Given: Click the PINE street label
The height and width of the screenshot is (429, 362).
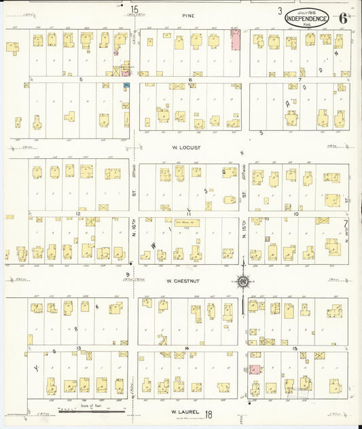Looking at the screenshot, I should coord(188,14).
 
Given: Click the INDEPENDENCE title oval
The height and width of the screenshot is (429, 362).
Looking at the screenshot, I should coord(306,18).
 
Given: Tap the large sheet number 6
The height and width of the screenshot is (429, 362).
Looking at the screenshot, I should coord(344,18).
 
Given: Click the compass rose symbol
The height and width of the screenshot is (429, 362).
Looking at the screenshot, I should coord(242,279).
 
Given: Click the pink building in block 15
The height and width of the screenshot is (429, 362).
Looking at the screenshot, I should coord(255,369).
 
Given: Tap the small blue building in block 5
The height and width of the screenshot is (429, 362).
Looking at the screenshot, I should coord(126,84).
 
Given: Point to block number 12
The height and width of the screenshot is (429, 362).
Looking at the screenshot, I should coord(79,214).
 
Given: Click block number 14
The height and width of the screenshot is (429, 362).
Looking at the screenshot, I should coord(185,348).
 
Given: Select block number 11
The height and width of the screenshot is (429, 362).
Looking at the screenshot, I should coord(189,213).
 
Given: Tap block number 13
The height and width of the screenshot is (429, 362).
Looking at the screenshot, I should coord(79,348).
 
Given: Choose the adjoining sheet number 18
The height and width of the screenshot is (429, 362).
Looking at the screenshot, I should coord(209,413).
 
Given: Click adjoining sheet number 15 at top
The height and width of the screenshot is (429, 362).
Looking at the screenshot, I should coord(134,10).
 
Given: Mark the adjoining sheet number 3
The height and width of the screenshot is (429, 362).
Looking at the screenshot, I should coord(279,11).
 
